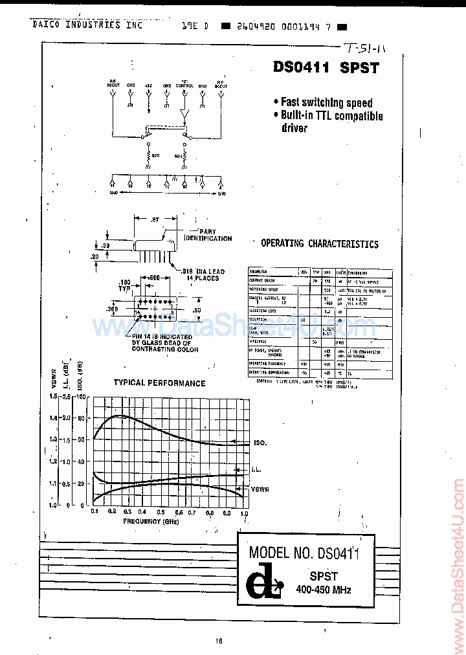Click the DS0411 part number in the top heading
[302, 68]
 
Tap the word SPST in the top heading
[359, 68]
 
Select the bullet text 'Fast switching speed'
[327, 102]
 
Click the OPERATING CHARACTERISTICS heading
[320, 244]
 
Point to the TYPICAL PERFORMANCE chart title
[159, 383]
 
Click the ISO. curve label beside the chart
[260, 443]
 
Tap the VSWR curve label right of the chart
[261, 489]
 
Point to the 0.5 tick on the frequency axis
[164, 513]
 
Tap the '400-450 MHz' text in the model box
[324, 572]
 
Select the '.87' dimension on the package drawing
[155, 220]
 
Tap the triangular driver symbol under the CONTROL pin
[185, 117]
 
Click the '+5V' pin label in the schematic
[149, 85]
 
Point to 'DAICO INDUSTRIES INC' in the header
[87, 25]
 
